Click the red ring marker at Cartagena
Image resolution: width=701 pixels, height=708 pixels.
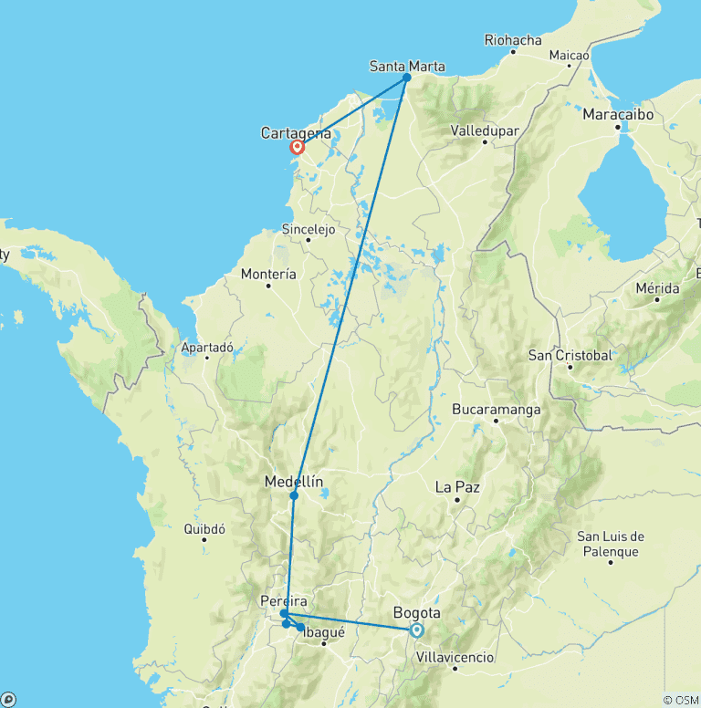(297, 147)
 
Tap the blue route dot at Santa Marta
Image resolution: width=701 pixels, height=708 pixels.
(407, 78)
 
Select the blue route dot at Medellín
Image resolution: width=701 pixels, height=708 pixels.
(294, 495)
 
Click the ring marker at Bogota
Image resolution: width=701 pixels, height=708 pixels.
(417, 630)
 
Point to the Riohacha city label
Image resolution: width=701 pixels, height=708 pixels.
(513, 40)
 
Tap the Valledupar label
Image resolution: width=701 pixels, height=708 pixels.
(485, 130)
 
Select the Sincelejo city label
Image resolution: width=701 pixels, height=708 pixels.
(309, 229)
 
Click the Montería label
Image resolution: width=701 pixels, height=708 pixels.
(268, 274)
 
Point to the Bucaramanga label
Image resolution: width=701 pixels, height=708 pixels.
(496, 410)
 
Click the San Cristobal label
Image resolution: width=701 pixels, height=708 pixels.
(570, 355)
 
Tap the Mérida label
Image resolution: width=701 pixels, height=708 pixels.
(657, 288)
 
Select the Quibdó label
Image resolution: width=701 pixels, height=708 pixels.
(204, 528)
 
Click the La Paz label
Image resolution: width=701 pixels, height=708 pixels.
(457, 487)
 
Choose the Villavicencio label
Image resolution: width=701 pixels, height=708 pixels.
(455, 657)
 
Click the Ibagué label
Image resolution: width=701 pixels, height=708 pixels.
(324, 633)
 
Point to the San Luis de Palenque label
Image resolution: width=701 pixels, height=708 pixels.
(612, 544)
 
